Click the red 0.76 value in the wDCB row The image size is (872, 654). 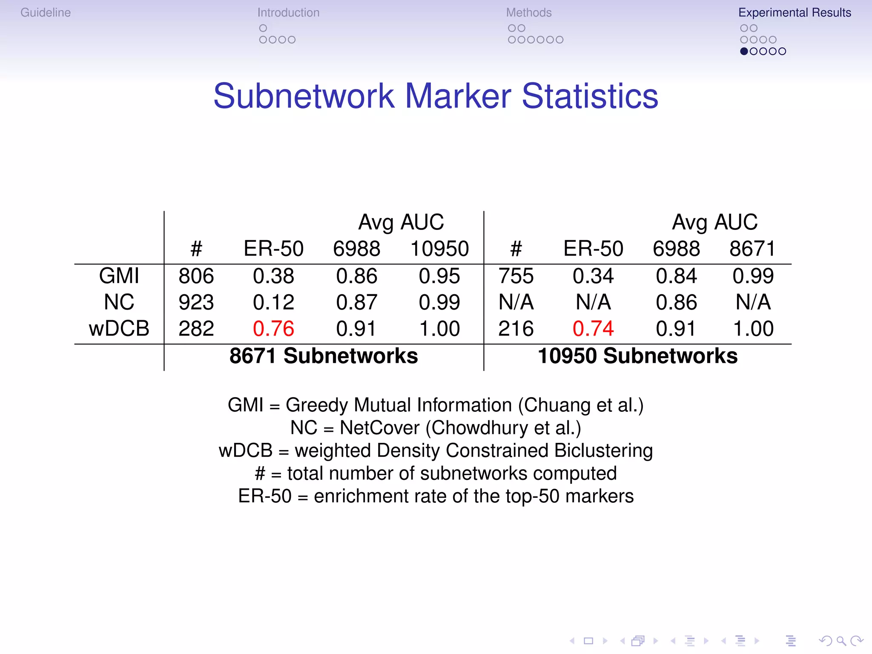(x=273, y=329)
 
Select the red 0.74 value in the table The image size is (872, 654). (x=593, y=329)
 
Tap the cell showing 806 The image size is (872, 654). (x=196, y=276)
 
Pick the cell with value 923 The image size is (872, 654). (x=196, y=302)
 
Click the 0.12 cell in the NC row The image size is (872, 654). (x=273, y=302)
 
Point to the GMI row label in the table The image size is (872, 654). (x=119, y=276)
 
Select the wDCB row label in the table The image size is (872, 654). (x=119, y=329)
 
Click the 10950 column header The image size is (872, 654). (x=439, y=249)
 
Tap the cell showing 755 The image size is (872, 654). (x=516, y=276)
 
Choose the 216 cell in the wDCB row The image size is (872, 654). (x=516, y=329)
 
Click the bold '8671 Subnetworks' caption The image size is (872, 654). (x=324, y=356)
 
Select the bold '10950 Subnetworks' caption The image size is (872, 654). (x=637, y=356)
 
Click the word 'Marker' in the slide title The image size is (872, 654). (x=458, y=96)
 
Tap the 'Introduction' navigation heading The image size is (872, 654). (x=288, y=13)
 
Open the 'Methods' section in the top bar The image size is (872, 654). (x=529, y=13)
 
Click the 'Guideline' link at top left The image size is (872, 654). (x=46, y=13)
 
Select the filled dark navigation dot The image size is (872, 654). (x=744, y=52)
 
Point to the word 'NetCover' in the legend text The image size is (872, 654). (x=379, y=428)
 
